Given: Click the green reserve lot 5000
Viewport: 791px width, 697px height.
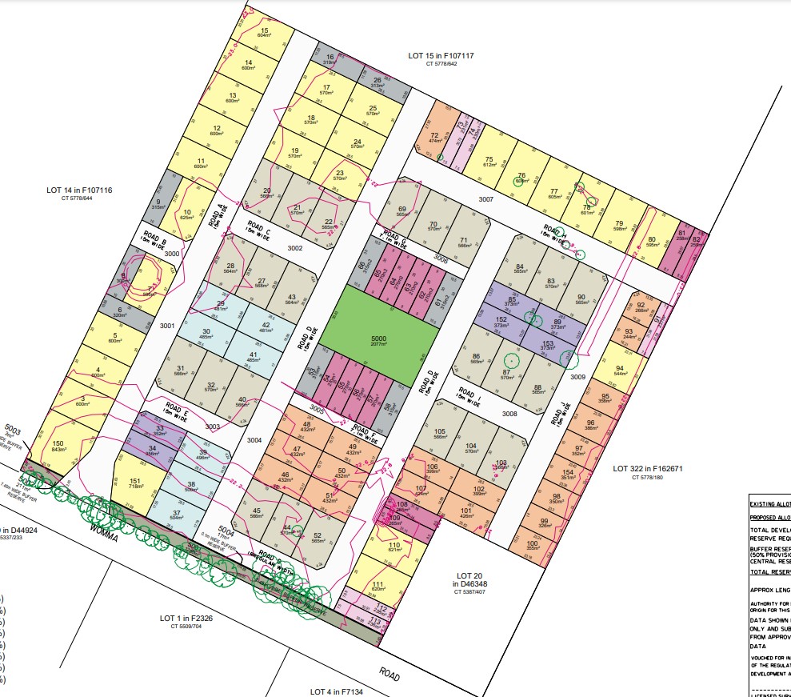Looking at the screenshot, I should pyautogui.click(x=379, y=339).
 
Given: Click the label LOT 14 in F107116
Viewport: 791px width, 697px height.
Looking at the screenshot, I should pyautogui.click(x=79, y=190).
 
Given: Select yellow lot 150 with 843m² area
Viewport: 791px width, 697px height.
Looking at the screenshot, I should pyautogui.click(x=58, y=445).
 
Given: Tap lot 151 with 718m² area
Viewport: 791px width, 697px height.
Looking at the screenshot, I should pyautogui.click(x=134, y=483).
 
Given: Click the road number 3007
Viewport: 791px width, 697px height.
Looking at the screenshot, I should pyautogui.click(x=485, y=198).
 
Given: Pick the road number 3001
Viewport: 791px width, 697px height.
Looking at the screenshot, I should pyautogui.click(x=166, y=326).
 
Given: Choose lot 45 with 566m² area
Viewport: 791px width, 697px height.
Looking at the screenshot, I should pyautogui.click(x=257, y=513).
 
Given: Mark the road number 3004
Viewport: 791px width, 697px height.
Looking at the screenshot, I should pyautogui.click(x=254, y=440).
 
